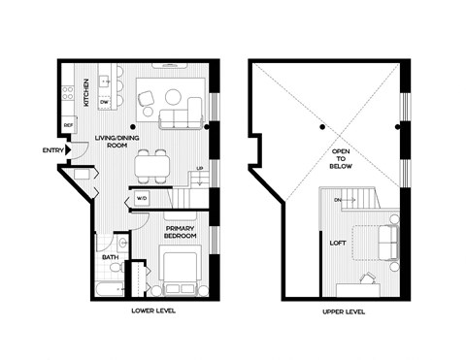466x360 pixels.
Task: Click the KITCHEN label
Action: click(x=85, y=92)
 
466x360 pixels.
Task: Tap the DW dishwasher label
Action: click(x=104, y=101)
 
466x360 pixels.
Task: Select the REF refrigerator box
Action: click(x=69, y=124)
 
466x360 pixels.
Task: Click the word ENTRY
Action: click(x=53, y=149)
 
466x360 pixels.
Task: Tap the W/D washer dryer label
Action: click(x=142, y=200)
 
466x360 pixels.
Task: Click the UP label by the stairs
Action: click(x=200, y=168)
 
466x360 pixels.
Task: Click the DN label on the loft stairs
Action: click(x=337, y=201)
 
